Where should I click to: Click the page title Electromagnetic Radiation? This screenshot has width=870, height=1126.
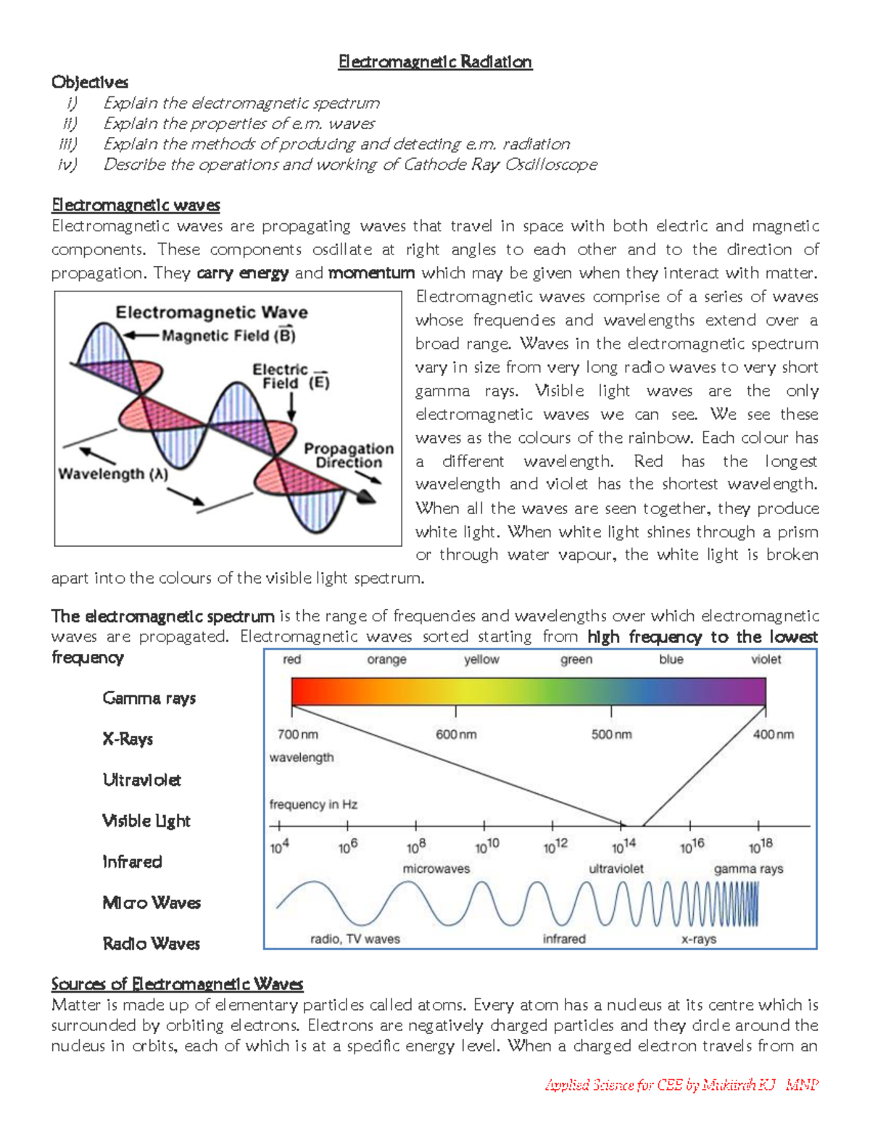[x=435, y=62]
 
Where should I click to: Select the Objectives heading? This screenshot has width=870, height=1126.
[x=90, y=82]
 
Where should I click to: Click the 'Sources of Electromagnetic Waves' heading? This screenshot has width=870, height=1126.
[x=177, y=984]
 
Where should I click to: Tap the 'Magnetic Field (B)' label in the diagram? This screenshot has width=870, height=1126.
[x=228, y=336]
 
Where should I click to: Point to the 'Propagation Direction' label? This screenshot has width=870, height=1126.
[x=349, y=455]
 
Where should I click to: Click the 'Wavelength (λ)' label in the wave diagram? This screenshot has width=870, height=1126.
[x=113, y=474]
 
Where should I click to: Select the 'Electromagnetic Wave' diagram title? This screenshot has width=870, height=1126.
[x=212, y=312]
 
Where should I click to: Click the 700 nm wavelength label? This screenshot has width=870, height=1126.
[x=297, y=734]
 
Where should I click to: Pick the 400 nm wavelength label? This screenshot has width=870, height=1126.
[x=773, y=734]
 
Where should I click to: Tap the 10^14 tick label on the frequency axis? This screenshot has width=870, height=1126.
[x=623, y=846]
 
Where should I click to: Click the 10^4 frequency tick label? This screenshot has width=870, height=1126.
[x=280, y=846]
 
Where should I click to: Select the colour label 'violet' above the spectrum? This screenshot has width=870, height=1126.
[x=766, y=659]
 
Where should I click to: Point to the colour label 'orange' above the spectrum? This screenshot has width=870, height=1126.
[x=386, y=659]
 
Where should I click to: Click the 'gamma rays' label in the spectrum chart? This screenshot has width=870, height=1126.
[x=748, y=869]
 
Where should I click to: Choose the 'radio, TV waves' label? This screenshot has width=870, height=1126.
[x=355, y=939]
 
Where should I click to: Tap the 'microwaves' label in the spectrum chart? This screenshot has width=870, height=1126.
[x=436, y=869]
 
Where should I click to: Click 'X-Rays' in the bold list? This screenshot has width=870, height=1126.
[x=128, y=739]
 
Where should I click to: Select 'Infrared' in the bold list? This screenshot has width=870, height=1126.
[x=132, y=861]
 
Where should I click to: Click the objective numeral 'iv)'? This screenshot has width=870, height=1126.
[x=67, y=165]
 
